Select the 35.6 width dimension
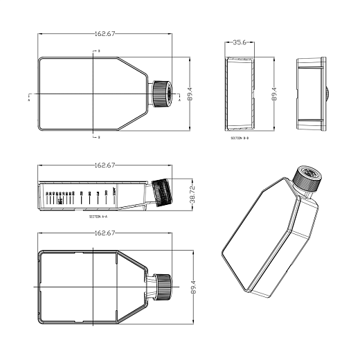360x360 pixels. (240, 42)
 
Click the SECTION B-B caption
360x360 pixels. (240, 138)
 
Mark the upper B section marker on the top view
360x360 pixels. (98, 52)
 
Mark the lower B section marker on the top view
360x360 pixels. (98, 137)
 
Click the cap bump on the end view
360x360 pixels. (327, 93)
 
